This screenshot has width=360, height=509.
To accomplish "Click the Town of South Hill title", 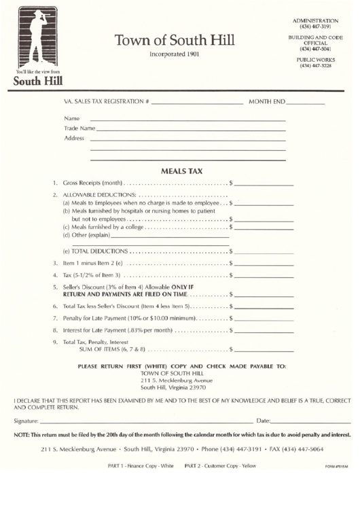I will [175, 40].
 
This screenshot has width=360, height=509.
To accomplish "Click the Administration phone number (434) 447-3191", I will [314, 27].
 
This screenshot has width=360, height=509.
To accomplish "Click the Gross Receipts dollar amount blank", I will [264, 184].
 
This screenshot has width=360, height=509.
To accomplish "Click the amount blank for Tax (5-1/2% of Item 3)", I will [264, 275].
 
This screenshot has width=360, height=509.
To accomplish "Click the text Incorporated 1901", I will [175, 54].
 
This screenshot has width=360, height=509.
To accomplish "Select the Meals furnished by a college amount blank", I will [264, 227].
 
